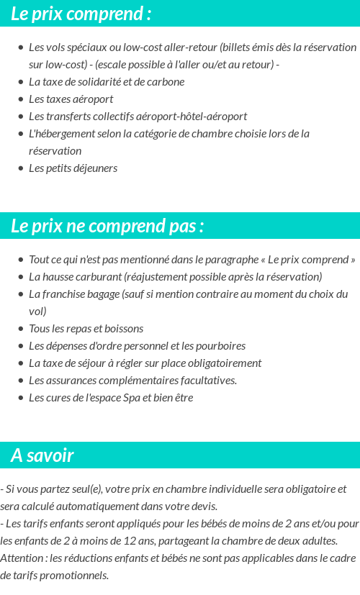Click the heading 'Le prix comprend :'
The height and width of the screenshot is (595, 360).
(81, 14)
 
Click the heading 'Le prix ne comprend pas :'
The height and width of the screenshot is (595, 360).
(107, 226)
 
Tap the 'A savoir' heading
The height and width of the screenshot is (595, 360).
(42, 455)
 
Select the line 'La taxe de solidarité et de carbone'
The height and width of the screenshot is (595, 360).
(107, 82)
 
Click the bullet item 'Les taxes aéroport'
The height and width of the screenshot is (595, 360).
(71, 99)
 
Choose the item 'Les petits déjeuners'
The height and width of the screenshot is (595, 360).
(73, 168)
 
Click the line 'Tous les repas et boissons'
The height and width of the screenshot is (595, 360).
(86, 329)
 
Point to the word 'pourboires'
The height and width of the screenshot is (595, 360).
(220, 346)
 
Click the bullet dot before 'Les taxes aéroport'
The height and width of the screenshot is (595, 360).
(21, 99)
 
